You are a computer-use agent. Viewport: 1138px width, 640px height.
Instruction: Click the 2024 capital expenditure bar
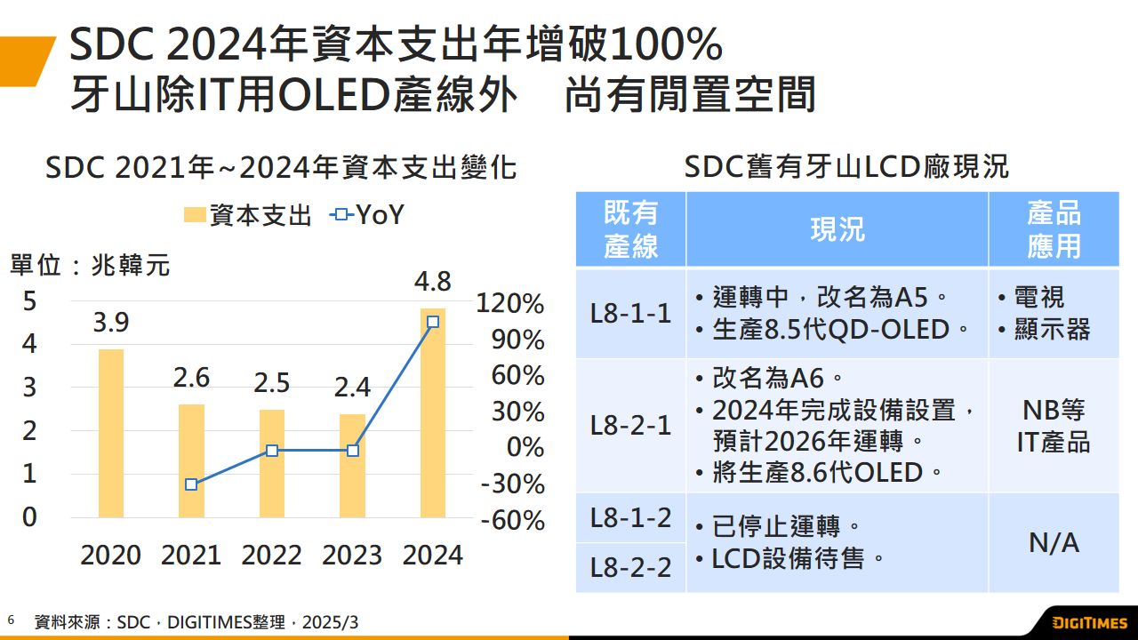(x=433, y=413)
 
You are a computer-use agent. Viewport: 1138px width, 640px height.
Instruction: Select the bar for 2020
(x=111, y=433)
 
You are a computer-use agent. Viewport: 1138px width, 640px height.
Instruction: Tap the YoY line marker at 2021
(x=191, y=484)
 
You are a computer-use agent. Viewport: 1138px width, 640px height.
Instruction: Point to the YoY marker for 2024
(x=433, y=322)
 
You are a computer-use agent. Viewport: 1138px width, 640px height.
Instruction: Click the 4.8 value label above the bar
(x=432, y=283)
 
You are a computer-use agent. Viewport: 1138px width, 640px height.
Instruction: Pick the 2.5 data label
(x=271, y=382)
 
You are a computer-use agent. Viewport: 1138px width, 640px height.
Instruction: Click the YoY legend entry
(x=367, y=215)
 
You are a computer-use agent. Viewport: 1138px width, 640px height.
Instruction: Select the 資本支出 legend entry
(x=248, y=215)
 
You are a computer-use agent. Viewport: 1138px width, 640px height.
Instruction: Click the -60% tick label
(x=512, y=520)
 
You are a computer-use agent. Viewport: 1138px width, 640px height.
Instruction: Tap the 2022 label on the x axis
(x=271, y=556)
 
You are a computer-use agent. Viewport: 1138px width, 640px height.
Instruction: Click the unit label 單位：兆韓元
(x=89, y=265)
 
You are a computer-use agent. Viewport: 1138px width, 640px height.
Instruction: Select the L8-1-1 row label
(x=630, y=313)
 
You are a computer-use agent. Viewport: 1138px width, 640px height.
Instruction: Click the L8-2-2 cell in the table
(x=630, y=567)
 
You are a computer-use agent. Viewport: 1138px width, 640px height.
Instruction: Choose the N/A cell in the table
(x=1054, y=542)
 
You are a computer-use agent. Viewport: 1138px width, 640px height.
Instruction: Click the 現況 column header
(x=837, y=229)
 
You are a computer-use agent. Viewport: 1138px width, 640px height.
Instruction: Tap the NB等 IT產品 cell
(x=1054, y=426)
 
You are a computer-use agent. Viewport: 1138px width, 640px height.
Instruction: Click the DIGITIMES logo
(x=1089, y=622)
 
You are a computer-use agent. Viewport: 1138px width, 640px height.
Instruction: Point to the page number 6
(x=12, y=619)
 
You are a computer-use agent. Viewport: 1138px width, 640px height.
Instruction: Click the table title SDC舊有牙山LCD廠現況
(x=846, y=167)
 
